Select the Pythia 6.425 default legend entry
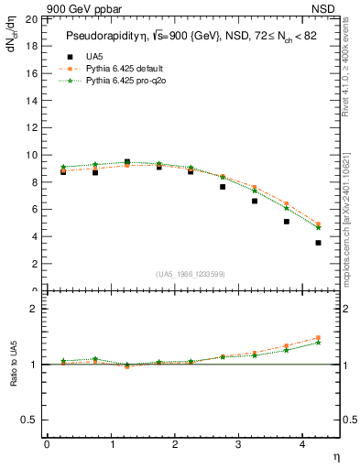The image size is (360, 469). click(116, 69)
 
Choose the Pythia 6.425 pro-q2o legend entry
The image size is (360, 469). click(116, 81)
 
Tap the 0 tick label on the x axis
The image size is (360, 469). click(47, 444)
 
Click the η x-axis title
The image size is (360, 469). click(335, 456)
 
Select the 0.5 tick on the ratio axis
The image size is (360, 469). click(29, 420)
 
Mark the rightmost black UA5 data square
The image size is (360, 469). click(318, 243)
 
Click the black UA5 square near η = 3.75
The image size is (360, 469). click(287, 222)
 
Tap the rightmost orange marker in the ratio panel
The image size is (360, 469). click(318, 338)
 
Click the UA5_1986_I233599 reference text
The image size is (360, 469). click(191, 274)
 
